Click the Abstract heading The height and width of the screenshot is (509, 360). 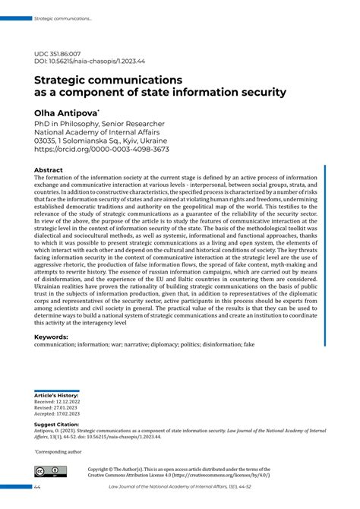coord(49,170)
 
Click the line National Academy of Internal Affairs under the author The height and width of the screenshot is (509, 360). coord(94,131)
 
